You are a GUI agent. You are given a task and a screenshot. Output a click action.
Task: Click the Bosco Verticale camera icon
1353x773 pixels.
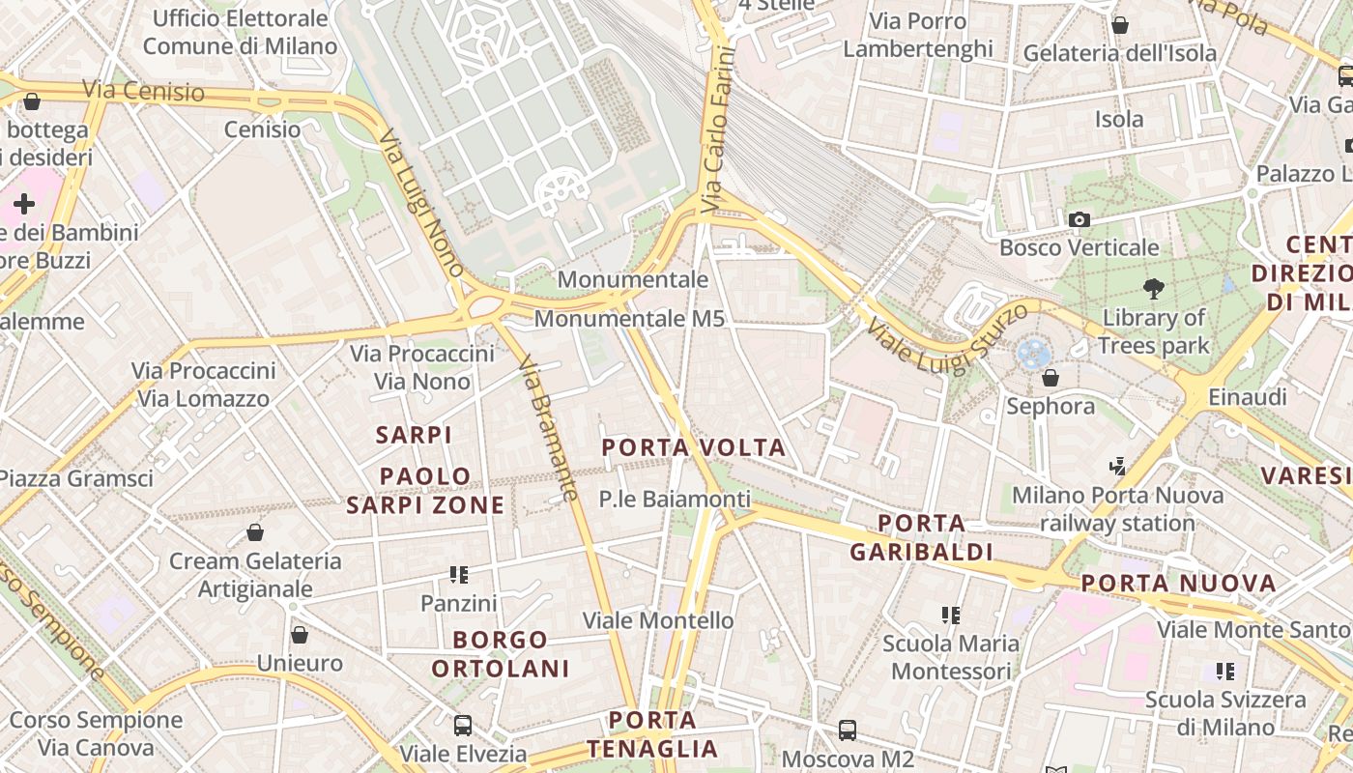tap(1080, 220)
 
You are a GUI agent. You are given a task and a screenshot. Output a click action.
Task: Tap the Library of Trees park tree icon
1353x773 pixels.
tap(1153, 288)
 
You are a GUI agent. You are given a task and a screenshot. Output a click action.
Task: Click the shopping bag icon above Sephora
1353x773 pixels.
tap(1051, 378)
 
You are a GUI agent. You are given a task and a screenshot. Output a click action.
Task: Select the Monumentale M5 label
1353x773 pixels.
tap(629, 318)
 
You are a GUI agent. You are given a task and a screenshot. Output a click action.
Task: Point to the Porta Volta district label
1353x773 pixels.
tap(694, 448)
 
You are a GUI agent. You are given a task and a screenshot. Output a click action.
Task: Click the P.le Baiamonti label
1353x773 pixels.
tap(675, 500)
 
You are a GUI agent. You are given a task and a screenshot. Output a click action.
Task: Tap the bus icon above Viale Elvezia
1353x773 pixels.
tap(463, 725)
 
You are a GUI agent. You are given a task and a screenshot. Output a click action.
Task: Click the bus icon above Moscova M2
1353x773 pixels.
tap(848, 730)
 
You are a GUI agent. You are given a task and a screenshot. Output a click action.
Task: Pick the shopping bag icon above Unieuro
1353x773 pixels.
tap(300, 635)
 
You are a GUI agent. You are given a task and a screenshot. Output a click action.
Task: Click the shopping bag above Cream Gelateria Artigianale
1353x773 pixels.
tap(255, 532)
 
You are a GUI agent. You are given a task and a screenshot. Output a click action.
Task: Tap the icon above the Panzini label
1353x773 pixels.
tap(459, 575)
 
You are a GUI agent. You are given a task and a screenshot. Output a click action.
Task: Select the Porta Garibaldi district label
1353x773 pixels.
tap(922, 538)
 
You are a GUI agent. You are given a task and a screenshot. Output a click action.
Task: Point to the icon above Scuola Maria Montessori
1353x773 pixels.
tap(951, 615)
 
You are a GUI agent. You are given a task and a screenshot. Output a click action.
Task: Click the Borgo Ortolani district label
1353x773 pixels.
tap(501, 654)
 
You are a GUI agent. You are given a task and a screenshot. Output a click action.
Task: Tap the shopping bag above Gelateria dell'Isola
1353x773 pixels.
tap(1120, 25)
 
